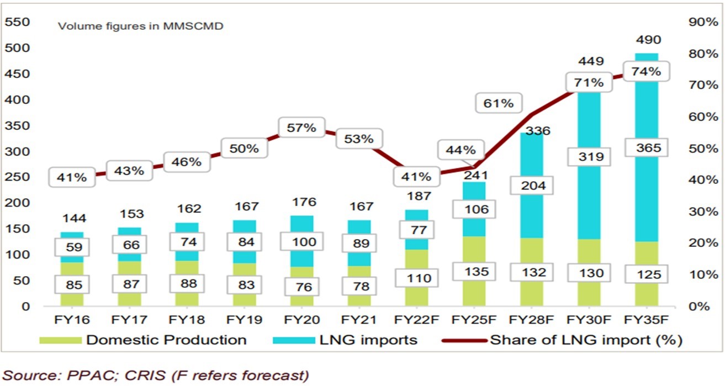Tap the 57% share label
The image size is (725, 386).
click(301, 128)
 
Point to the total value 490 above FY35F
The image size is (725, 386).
click(647, 40)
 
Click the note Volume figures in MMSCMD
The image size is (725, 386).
click(141, 26)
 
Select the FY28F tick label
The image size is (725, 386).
click(531, 320)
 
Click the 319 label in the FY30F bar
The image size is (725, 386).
click(589, 157)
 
